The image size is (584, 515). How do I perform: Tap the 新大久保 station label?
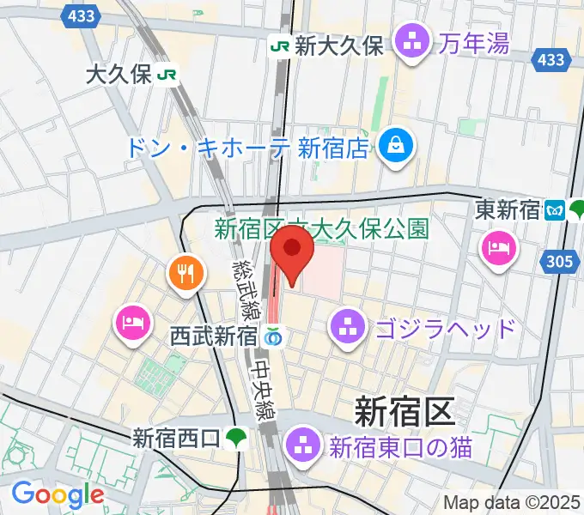(338, 45)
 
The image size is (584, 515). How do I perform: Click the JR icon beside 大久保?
(167, 75)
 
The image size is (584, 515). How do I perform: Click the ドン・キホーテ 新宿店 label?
(247, 147)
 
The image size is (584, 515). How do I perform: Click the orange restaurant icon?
(186, 275)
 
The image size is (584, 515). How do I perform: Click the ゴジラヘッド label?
(445, 327)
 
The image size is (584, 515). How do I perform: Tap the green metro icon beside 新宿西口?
(236, 439)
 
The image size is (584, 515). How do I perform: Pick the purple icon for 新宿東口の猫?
(303, 445)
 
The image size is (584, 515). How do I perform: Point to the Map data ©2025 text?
(511, 503)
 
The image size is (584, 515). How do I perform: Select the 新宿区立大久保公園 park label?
(321, 229)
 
